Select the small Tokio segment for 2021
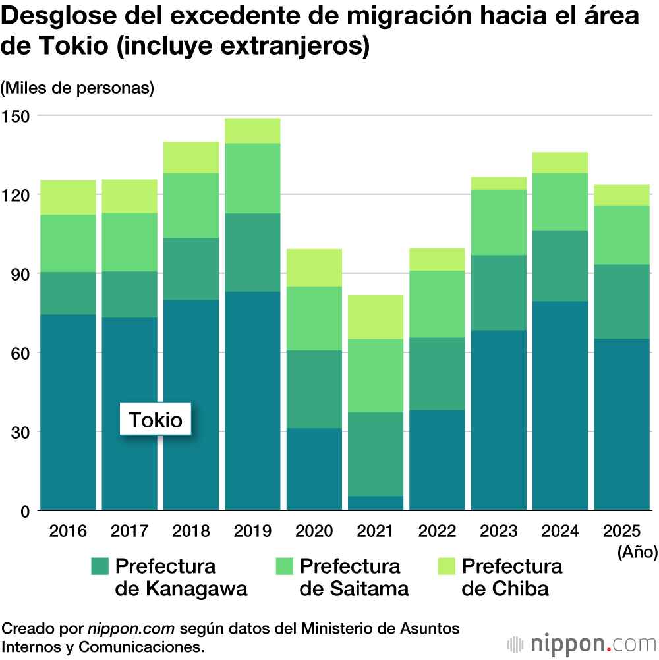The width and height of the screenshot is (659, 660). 376,503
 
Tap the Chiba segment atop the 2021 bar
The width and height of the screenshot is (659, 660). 376,317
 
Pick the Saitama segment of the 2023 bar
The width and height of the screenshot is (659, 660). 498,222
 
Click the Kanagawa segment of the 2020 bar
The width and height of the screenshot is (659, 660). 314,389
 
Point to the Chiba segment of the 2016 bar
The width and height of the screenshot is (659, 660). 68,197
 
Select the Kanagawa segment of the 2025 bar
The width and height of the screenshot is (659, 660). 621,301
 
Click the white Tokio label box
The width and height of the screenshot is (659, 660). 156,420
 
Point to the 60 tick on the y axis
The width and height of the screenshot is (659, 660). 19,353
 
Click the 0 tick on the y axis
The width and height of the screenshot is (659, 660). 24,511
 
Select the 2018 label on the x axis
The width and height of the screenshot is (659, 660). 190,532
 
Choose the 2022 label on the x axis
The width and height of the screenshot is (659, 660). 436,532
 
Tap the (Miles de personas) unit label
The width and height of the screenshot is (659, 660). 78,88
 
